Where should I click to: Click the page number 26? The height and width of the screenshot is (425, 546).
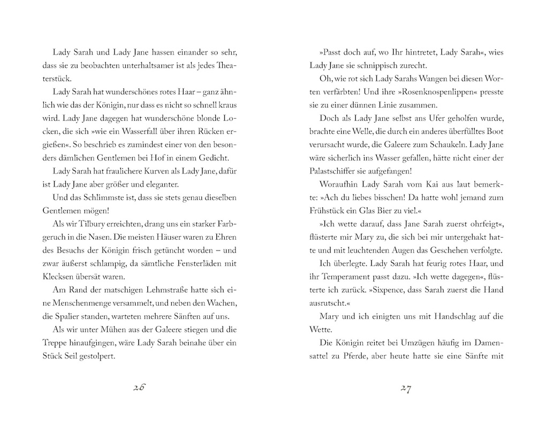coord(139,389)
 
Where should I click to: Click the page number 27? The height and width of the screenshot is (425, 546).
coord(406,389)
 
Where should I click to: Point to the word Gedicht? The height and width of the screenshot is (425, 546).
coord(213,157)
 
